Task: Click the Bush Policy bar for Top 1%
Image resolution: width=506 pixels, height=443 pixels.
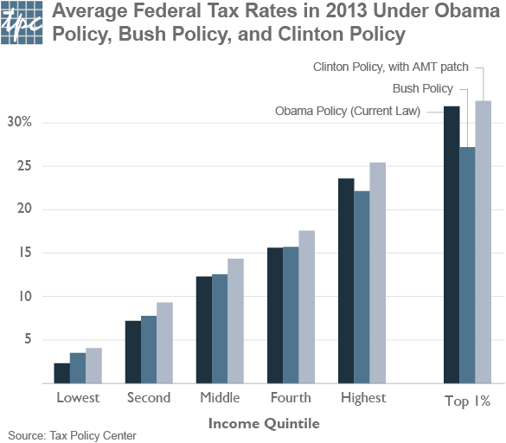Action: tap(467, 265)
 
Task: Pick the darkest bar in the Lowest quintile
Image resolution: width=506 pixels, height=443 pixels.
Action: tap(61, 373)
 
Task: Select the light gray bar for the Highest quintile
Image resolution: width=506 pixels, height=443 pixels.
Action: tap(377, 273)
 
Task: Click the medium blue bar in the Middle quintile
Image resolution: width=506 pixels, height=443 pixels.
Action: tap(220, 329)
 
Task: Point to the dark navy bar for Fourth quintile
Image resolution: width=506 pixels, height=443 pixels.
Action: tap(275, 316)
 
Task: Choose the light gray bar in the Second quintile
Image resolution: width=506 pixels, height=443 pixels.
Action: tap(164, 343)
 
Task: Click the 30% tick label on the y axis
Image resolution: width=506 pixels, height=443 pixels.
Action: tap(19, 122)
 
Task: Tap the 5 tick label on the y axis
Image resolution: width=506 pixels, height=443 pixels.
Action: tap(27, 340)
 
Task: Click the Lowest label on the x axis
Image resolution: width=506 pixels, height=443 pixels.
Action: tap(78, 398)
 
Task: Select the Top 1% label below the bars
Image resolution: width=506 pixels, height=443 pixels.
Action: tap(467, 401)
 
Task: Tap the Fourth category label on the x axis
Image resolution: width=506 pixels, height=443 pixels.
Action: tap(291, 398)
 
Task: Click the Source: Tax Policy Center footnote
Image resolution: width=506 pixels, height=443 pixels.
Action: tap(72, 435)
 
